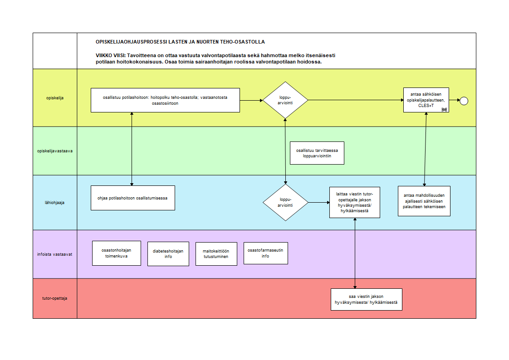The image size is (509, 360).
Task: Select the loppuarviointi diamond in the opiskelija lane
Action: click(285, 100)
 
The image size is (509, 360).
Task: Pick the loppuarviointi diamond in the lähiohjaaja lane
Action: click(286, 202)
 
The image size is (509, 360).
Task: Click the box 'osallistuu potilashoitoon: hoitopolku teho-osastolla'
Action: click(165, 100)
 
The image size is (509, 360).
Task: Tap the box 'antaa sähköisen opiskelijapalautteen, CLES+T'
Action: click(426, 100)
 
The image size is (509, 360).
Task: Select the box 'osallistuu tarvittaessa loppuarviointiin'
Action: click(317, 153)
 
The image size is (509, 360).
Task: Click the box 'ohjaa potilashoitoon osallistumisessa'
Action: click(133, 198)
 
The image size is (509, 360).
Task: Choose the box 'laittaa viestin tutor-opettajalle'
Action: click(354, 202)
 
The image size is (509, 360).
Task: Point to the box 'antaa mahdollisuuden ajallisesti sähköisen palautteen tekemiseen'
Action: click(424, 201)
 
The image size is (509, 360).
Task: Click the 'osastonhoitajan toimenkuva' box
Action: click(117, 253)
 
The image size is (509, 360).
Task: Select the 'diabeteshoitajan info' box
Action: click(168, 254)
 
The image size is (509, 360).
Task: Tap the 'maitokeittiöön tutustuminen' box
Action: click(216, 254)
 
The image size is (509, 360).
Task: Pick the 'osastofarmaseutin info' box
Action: click(265, 253)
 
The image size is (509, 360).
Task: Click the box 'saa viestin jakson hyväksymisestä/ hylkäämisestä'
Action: click(367, 299)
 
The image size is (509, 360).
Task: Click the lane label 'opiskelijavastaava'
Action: click(55, 151)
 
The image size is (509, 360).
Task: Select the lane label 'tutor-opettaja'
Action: click(54, 298)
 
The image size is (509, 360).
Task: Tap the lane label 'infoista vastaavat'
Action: click(54, 254)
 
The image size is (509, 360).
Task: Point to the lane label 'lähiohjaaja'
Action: click(54, 203)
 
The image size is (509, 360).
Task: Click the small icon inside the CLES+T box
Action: click(445, 110)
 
